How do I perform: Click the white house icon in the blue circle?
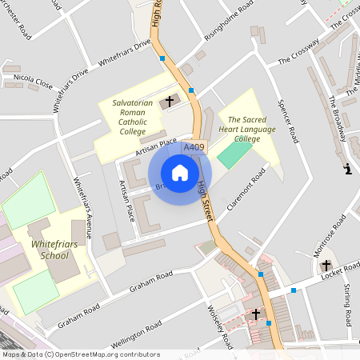coord(180,173)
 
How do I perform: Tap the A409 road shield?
coord(194,148)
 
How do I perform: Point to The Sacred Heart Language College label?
coord(246,129)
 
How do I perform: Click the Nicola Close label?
coord(34,82)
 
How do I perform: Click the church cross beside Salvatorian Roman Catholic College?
coord(168,102)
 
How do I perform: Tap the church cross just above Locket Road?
coord(326,265)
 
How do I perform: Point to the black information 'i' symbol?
coord(347,169)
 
